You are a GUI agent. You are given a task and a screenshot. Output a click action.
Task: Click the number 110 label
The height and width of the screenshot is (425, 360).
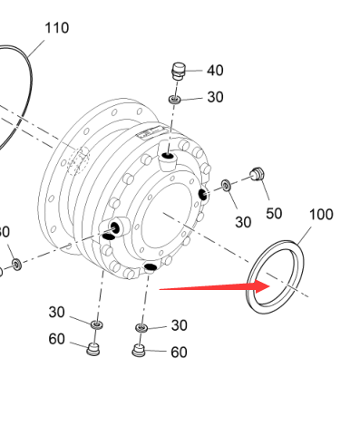pos(57,28)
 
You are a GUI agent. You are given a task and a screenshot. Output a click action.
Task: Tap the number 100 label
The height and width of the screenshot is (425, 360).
pos(321,215)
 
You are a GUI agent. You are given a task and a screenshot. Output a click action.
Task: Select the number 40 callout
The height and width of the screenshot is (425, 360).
pos(215,71)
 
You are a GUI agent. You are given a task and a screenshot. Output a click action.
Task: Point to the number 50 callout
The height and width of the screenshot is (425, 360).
pos(274,214)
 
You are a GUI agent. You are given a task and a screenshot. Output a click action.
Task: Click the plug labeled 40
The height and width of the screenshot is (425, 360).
pos(179,72)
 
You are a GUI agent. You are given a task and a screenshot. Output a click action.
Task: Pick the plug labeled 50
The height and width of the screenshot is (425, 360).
pos(258,174)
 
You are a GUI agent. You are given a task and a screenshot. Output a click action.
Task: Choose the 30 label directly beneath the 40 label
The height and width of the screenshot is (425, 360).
pos(215,97)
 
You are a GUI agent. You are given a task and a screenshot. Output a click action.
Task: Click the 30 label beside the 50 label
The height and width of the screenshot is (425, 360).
pos(243,222)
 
